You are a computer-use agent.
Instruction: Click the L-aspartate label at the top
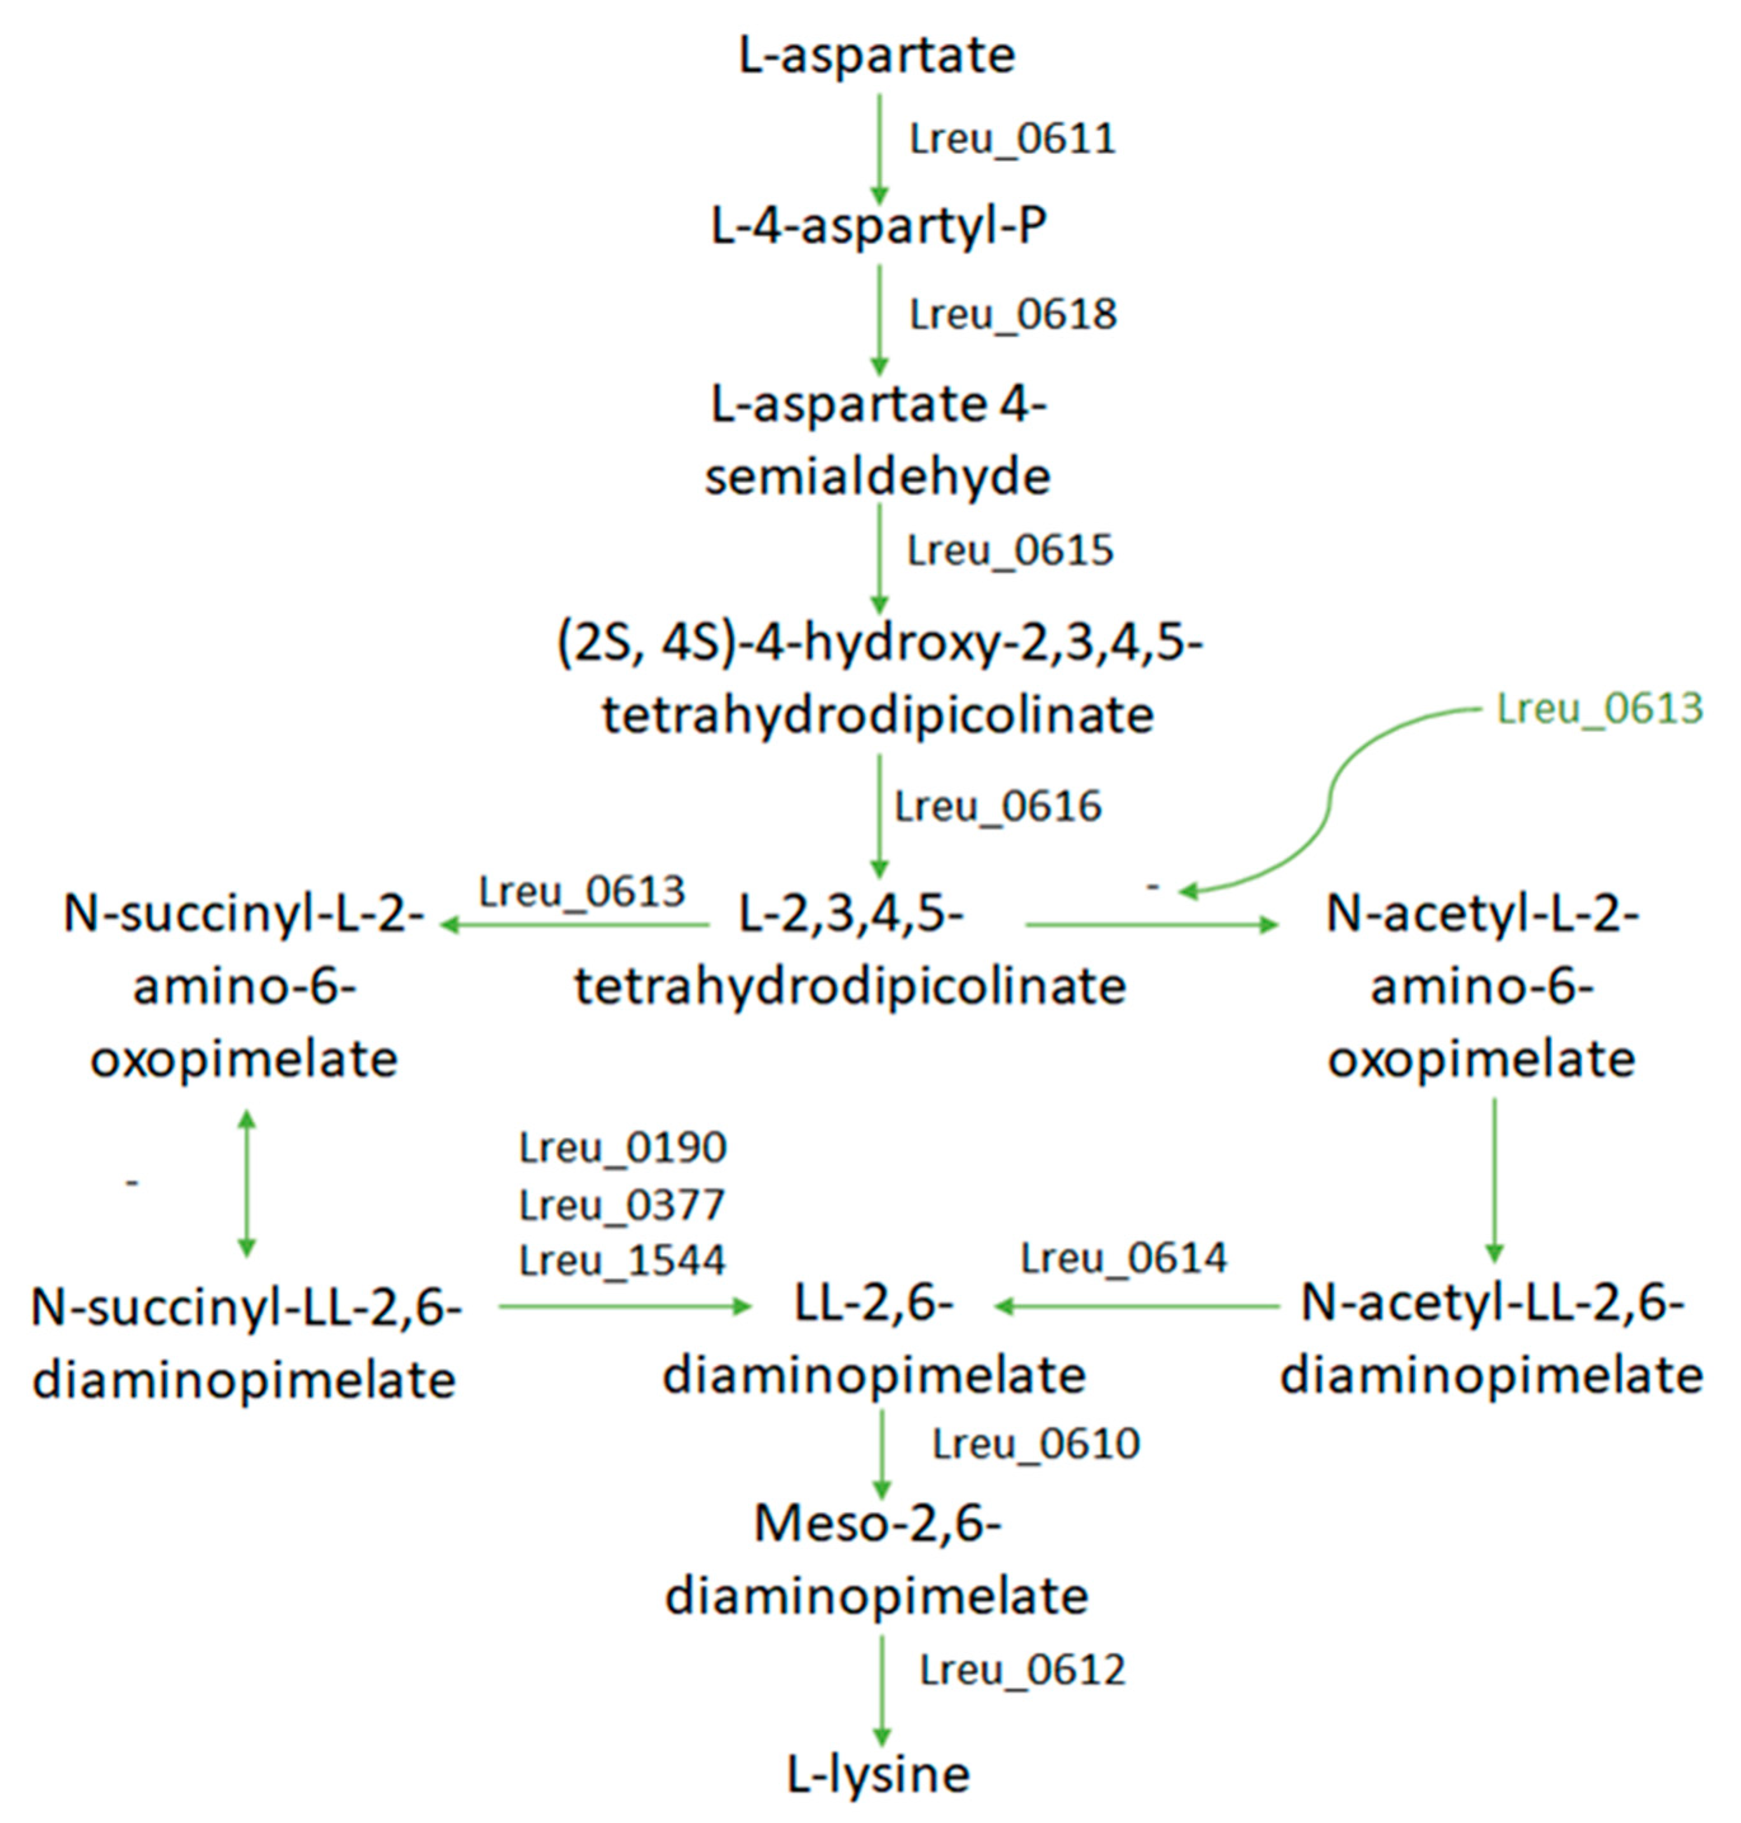(877, 56)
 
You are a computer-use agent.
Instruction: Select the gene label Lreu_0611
(1012, 139)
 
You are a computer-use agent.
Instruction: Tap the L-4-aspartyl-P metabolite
(878, 225)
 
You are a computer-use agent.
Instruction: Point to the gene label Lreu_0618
(1012, 314)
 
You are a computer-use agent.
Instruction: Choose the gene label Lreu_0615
(1010, 550)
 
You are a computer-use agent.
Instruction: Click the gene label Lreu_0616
(998, 806)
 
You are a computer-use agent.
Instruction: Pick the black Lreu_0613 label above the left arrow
(582, 892)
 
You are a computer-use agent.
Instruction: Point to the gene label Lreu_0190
(623, 1148)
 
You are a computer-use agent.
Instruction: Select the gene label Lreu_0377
(622, 1205)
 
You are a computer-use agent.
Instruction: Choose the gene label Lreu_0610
(1036, 1444)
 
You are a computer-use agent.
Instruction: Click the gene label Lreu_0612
(1022, 1670)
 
